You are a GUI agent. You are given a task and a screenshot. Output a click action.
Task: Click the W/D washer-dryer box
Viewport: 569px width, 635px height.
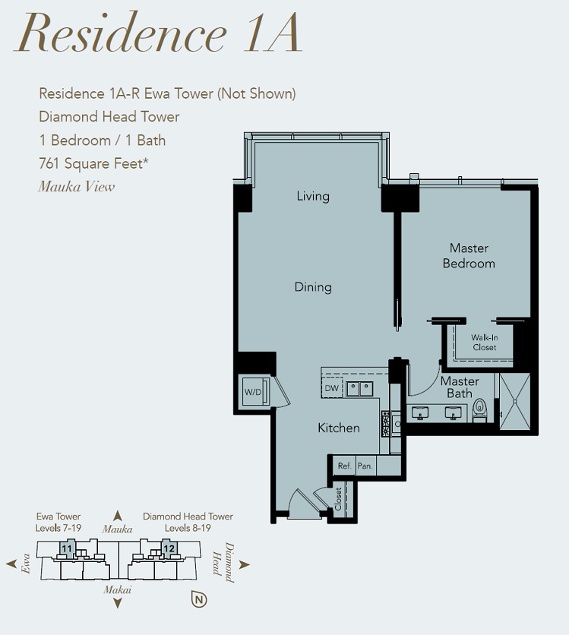255,391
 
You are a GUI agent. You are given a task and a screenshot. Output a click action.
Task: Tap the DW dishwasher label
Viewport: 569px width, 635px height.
332,388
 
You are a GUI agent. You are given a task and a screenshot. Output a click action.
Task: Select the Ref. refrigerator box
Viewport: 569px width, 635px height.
344,466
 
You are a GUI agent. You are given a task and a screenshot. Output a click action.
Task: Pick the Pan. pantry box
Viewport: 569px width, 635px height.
365,466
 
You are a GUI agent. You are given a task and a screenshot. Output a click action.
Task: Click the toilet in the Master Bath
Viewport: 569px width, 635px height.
479,409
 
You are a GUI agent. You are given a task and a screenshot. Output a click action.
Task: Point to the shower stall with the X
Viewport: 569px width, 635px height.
515,401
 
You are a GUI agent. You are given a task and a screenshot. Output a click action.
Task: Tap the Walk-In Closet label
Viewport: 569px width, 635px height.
485,343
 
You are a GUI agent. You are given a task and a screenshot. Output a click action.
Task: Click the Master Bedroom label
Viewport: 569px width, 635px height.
469,255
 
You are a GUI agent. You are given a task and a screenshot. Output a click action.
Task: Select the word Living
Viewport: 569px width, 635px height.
313,197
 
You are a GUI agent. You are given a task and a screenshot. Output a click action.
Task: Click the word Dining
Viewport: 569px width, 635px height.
313,287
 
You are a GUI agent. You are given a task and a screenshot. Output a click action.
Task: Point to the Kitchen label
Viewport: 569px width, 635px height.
339,428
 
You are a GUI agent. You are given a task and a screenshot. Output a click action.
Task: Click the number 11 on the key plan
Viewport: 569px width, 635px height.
67,548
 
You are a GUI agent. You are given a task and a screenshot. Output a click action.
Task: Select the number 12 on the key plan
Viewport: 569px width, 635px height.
169,548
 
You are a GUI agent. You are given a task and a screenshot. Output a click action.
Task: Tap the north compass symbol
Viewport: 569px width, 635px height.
199,599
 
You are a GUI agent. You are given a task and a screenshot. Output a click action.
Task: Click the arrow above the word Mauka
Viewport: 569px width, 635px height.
118,516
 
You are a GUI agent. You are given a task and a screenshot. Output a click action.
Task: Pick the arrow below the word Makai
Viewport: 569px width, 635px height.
118,603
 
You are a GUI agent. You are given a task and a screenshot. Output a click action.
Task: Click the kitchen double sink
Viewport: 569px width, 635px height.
359,389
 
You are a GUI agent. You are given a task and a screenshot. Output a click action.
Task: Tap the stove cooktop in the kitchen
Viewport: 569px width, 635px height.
386,424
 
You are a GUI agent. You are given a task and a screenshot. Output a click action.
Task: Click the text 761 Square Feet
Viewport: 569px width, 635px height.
93,163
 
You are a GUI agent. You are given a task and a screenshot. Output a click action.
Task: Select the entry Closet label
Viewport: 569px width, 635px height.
338,498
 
